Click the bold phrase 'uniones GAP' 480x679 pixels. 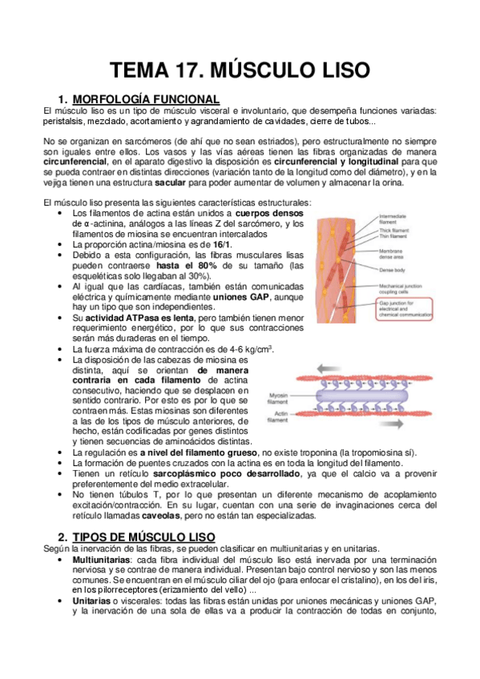click(241, 297)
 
